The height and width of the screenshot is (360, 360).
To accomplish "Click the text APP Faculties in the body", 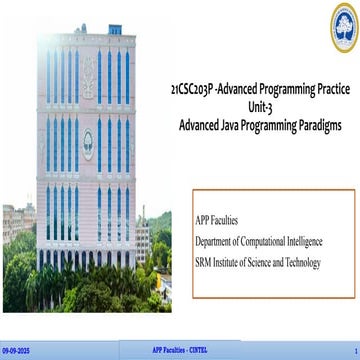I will click(219, 219).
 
